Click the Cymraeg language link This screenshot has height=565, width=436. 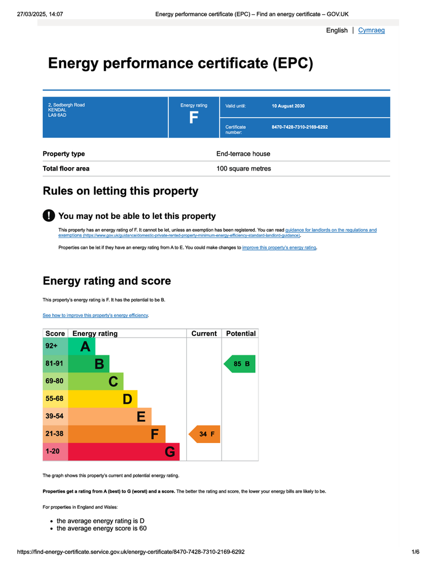(371, 30)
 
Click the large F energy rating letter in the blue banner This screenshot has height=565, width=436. (193, 118)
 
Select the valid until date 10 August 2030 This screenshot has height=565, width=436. (288, 106)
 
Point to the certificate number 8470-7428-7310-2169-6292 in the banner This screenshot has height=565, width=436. (299, 127)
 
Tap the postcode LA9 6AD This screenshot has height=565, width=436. (57, 115)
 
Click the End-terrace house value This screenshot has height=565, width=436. (243, 154)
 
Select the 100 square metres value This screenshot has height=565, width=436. (244, 169)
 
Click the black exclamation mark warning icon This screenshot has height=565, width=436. (49, 216)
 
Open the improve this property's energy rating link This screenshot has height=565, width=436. (279, 248)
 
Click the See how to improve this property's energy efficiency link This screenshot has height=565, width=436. (95, 315)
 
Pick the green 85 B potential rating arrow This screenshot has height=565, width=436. (240, 364)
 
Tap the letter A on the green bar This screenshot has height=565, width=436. (85, 347)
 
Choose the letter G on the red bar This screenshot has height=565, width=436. (170, 452)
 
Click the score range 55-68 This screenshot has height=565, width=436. (55, 399)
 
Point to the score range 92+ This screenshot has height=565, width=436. (51, 346)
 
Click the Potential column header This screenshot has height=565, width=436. (241, 334)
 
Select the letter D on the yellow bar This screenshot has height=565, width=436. (127, 399)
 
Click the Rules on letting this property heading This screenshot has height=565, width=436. (120, 191)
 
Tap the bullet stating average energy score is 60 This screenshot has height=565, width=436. (101, 529)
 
